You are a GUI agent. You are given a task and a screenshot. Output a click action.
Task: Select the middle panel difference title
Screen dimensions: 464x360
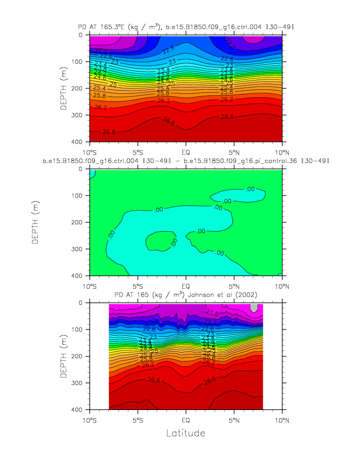pyautogui.click(x=186, y=161)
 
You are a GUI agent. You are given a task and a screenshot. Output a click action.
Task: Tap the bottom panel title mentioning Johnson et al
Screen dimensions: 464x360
pyautogui.click(x=186, y=295)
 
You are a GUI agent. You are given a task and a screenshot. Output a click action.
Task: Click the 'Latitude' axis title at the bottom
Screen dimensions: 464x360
pyautogui.click(x=186, y=433)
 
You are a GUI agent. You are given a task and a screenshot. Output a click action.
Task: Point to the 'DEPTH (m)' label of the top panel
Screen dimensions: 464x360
pyautogui.click(x=63, y=88)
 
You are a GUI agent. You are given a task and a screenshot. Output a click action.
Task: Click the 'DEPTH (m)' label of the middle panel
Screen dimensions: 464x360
pyautogui.click(x=35, y=222)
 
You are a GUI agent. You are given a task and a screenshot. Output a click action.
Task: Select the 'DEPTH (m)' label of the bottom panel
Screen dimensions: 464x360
pyautogui.click(x=63, y=356)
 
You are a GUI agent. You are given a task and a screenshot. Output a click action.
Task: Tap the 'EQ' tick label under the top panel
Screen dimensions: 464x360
pyautogui.click(x=186, y=151)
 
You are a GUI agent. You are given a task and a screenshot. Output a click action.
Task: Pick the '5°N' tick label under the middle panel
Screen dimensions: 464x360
pyautogui.click(x=234, y=285)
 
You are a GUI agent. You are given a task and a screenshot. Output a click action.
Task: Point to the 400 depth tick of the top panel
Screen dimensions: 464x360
pyautogui.click(x=78, y=142)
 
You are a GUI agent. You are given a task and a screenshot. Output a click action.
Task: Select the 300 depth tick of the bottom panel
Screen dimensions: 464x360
pyautogui.click(x=78, y=383)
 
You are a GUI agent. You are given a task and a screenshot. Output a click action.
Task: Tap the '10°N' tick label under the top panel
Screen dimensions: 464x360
pyautogui.click(x=282, y=151)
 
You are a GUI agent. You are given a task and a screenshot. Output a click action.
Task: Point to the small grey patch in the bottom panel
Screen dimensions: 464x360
pyautogui.click(x=254, y=307)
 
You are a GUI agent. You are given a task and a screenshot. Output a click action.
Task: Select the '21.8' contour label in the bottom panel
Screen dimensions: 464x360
pyautogui.click(x=212, y=312)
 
